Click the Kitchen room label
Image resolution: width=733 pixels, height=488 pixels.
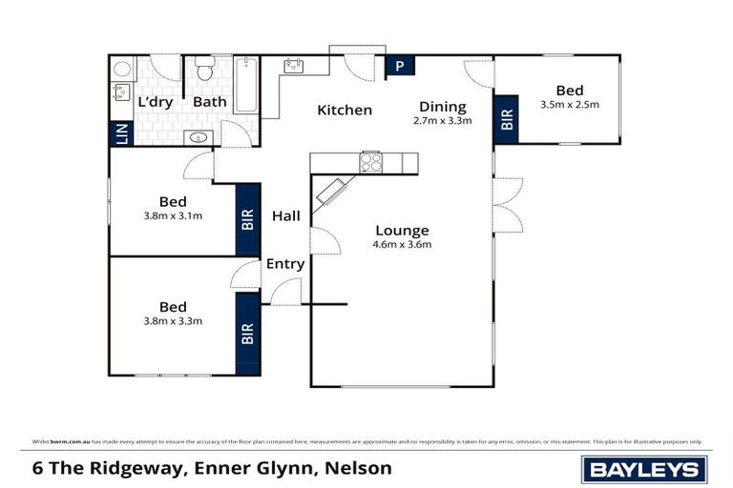coord(345,111)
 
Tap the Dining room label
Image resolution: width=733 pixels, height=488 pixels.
coord(442,107)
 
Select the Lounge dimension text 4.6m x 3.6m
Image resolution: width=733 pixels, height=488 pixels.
coord(402,245)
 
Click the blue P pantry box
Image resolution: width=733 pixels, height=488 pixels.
coord(398,67)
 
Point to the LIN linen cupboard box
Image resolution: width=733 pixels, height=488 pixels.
coord(120,132)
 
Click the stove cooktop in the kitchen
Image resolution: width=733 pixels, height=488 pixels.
coord(369,163)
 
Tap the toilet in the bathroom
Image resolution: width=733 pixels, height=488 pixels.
coord(202,70)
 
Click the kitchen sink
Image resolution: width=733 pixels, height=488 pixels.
coord(294,67)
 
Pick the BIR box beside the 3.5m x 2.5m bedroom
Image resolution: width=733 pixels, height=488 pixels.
coord(507,118)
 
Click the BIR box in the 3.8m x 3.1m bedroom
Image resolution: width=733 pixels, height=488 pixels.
coord(247,220)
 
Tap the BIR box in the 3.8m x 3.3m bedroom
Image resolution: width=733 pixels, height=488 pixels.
coord(247,334)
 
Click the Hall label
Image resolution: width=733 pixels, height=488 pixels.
coord(285,216)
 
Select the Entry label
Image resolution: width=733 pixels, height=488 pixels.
coord(284,264)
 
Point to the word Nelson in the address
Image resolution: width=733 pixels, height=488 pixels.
coord(359,468)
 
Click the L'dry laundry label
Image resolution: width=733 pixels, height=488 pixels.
coord(156,102)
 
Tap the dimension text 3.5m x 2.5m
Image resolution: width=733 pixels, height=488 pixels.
coord(569,105)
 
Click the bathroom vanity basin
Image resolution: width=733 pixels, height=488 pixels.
coord(199,137)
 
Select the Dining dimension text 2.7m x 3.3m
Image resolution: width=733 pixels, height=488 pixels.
coord(442,121)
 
